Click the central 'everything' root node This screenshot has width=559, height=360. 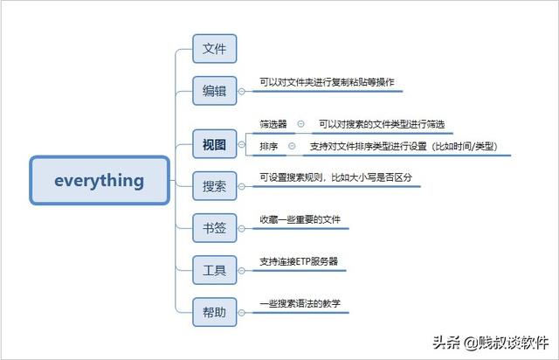coord(100,180)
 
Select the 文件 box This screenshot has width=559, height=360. coord(215,49)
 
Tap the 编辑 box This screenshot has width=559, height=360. coord(215,91)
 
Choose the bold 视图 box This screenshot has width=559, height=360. coord(215,144)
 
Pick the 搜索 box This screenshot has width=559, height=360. coord(215,186)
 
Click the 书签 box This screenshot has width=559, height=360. coord(215,228)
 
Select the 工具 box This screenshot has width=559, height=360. coord(215,270)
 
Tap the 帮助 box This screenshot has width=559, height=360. coord(215,312)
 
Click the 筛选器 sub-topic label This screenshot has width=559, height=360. coord(273,124)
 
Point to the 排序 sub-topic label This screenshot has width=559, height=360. coord(268,146)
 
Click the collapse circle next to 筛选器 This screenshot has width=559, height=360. coord(300,124)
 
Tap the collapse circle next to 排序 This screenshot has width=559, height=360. coord(292,146)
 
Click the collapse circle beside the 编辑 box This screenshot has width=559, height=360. coord(241,92)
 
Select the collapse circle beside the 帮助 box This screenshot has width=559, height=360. coord(241,313)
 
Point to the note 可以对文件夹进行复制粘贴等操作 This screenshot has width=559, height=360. coord(327,82)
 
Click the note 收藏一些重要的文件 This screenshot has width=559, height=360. coord(300,219)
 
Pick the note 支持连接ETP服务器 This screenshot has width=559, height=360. coord(299,261)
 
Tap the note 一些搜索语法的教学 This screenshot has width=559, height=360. coord(300,303)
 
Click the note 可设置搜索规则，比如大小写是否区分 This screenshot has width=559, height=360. coord(335,177)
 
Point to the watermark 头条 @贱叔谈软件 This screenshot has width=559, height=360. coord(491,343)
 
